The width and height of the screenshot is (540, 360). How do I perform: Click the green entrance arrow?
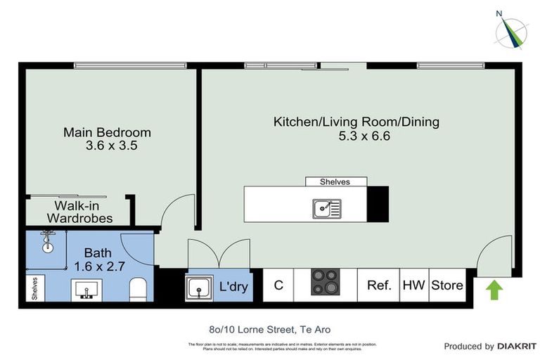pyautogui.click(x=494, y=289)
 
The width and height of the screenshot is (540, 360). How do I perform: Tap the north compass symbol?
pyautogui.click(x=510, y=30)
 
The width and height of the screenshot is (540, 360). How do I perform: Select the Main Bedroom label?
pyautogui.click(x=107, y=132)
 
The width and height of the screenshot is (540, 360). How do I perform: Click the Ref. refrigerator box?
pyautogui.click(x=378, y=285)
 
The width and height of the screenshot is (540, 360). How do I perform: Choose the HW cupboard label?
pyautogui.click(x=413, y=285)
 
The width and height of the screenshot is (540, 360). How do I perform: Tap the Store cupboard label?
pyautogui.click(x=446, y=285)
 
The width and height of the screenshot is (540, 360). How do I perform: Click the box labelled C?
pyautogui.click(x=278, y=285)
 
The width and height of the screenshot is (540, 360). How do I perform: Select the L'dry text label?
pyautogui.click(x=234, y=287)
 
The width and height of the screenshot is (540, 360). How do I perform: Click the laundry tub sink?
pyautogui.click(x=200, y=287)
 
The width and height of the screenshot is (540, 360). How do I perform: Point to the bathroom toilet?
pyautogui.click(x=139, y=288)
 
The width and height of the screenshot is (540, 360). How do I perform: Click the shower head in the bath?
pyautogui.click(x=47, y=239)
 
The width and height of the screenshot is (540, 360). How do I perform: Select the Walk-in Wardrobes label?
pyautogui.click(x=79, y=212)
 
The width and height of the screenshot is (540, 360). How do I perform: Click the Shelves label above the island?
pyautogui.click(x=336, y=181)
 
